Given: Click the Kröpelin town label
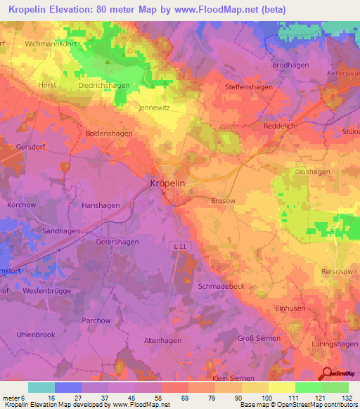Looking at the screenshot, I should (168, 183).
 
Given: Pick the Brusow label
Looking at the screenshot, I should (223, 200).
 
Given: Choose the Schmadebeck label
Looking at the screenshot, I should (221, 287).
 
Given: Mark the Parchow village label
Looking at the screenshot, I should (96, 320).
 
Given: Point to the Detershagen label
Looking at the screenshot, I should (117, 241).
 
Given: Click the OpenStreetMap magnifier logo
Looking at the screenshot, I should (328, 374).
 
